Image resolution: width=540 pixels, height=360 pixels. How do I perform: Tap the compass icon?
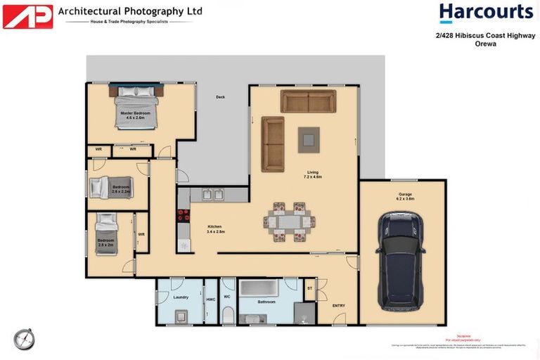pos(23,338)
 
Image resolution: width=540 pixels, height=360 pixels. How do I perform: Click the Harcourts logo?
pos(486,13)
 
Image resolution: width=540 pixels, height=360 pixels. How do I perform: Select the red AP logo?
pos(27,16)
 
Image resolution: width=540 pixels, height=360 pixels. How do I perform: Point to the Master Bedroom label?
pos(134,115)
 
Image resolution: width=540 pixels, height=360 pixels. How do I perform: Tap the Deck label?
pos(220,97)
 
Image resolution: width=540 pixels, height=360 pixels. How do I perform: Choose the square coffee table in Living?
pos(308,139)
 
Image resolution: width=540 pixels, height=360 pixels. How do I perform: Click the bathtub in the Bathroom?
pos(261,289)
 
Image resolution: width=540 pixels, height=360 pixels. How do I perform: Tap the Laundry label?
pos(181,297)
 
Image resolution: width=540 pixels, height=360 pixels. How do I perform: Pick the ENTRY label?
pos(339,305)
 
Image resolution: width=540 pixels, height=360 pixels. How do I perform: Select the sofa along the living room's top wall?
pos(308,101)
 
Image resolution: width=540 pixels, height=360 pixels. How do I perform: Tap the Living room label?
pos(313,174)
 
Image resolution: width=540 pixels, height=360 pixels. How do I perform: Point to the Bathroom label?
pos(266,302)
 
